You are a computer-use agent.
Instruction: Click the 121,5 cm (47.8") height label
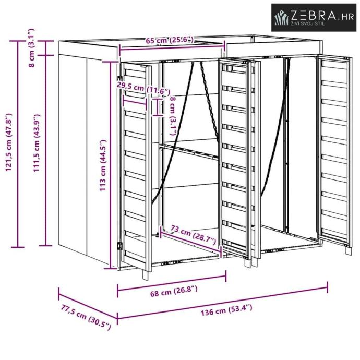click(8, 140)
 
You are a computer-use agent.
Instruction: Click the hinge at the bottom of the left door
click(119, 245)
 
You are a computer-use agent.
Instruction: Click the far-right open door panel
click(334, 149)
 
